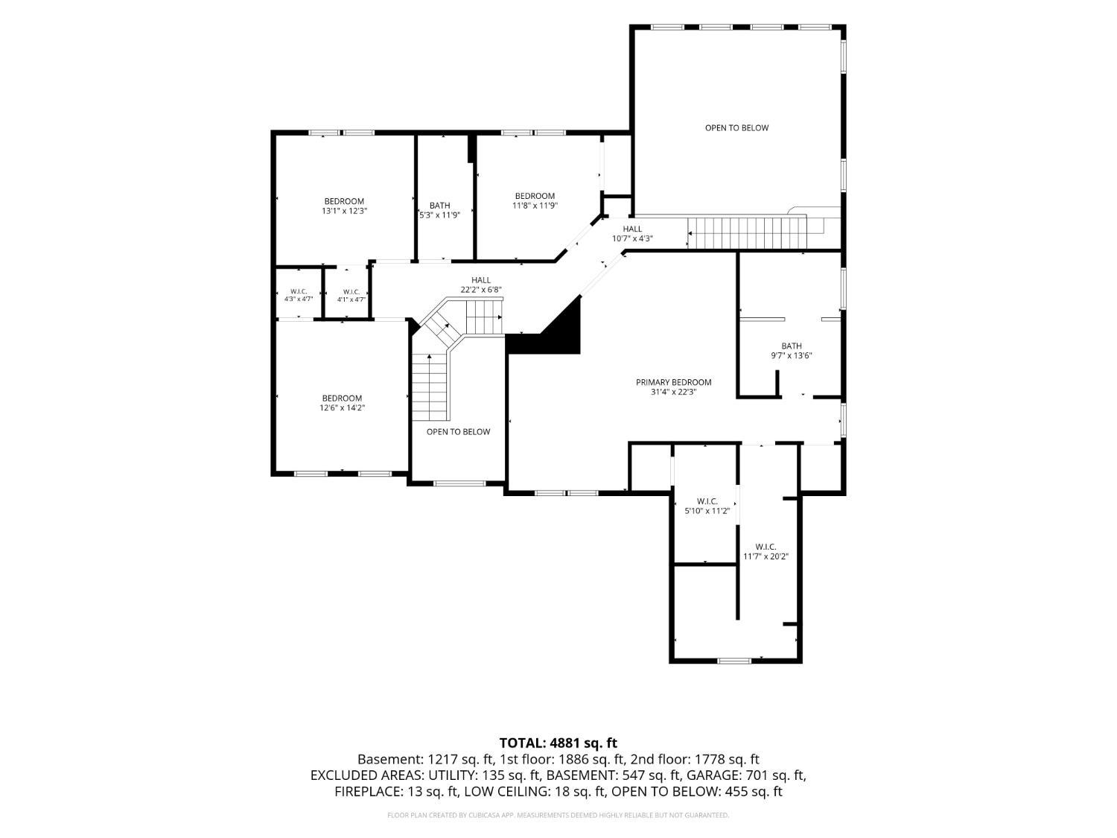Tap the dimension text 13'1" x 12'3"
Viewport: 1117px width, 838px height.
[x=344, y=211]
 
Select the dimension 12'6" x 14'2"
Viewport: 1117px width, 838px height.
[x=342, y=407]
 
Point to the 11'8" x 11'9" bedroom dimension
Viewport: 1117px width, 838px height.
[x=535, y=206]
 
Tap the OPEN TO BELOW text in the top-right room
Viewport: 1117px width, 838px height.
[x=736, y=127]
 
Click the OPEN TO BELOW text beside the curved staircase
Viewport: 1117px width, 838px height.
[x=458, y=431]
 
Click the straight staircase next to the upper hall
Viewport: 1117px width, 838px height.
[x=747, y=233]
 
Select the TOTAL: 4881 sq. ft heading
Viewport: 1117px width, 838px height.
[x=558, y=743]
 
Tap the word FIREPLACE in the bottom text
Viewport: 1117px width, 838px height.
[x=367, y=792]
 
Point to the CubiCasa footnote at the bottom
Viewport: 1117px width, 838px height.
[x=558, y=815]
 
